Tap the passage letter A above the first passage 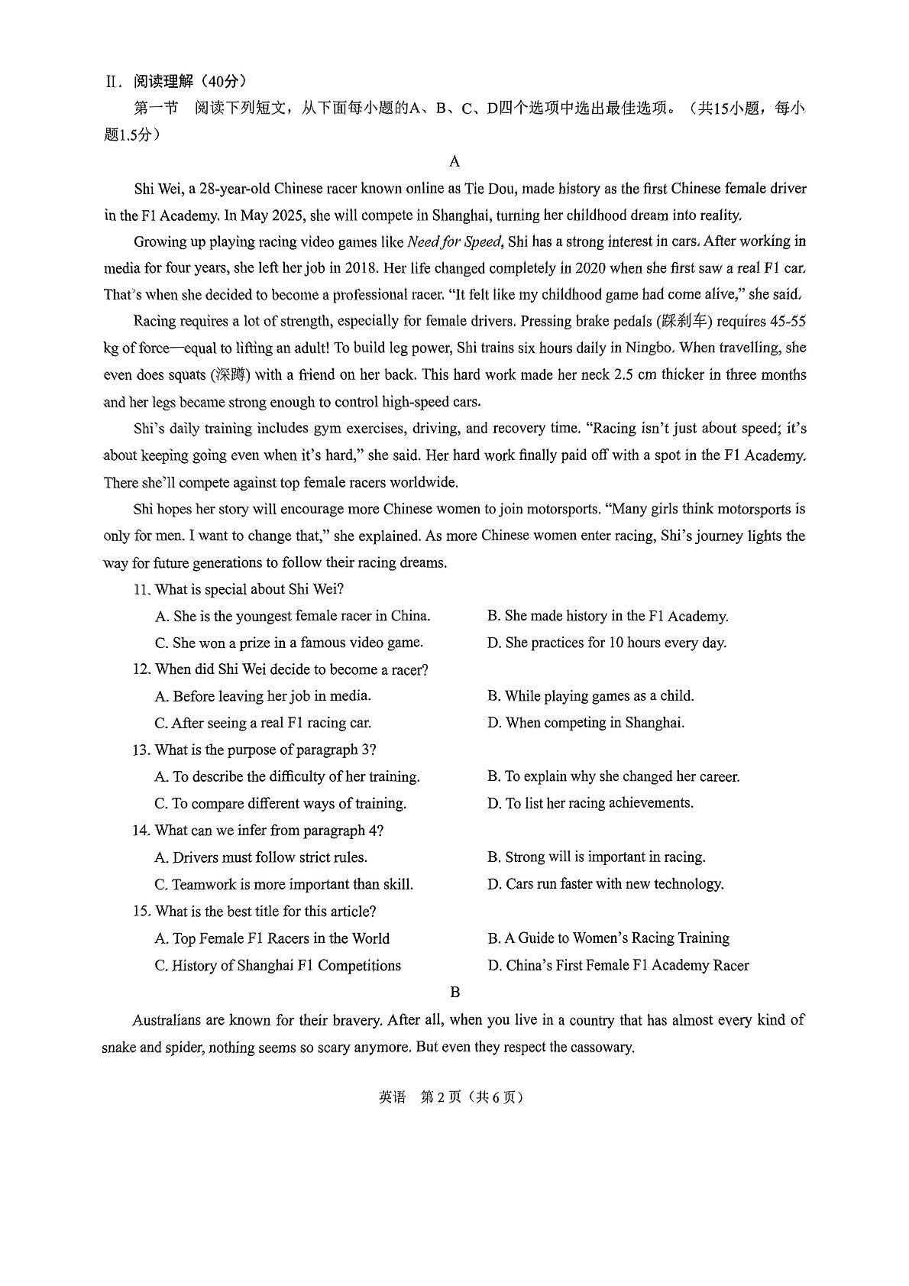pos(454,161)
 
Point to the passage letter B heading pos(454,993)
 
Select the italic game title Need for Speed pos(454,242)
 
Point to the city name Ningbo pos(649,348)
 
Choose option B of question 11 pos(608,617)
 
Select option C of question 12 pos(263,723)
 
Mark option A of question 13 pos(287,777)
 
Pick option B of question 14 pos(597,857)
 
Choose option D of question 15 pos(618,966)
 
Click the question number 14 pos(141,831)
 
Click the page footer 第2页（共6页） pos(472,1097)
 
